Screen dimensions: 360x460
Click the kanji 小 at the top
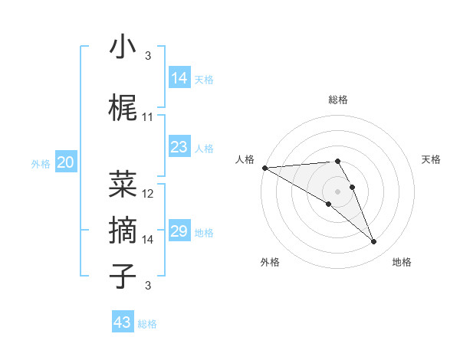(123, 47)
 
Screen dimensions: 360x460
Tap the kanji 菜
(123, 184)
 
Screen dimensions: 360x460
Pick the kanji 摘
(123, 229)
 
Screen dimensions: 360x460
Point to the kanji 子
(123, 275)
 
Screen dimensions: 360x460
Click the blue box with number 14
(179, 78)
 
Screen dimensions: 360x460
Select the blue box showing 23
(179, 147)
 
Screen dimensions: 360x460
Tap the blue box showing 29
(179, 231)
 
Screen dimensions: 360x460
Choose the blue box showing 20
(66, 162)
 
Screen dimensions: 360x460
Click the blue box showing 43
(123, 322)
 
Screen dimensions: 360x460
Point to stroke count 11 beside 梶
(148, 117)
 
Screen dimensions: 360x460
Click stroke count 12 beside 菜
(149, 194)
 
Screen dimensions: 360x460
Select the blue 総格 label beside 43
(147, 324)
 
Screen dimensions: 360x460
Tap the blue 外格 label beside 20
(41, 164)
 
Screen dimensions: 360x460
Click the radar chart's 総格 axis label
(337, 100)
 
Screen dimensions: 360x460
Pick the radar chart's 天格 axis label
(432, 159)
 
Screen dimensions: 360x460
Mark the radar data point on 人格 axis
(264, 168)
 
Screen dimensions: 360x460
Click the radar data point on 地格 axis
(374, 242)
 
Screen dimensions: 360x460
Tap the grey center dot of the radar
(337, 191)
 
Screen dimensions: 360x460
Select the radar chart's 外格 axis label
(269, 262)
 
